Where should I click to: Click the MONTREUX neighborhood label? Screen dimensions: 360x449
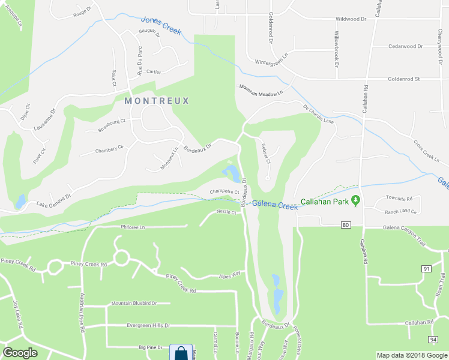pos(157,101)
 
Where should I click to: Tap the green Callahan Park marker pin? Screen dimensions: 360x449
pos(355,200)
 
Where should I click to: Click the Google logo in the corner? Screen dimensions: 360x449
pos(20,353)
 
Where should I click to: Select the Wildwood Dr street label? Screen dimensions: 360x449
pos(351,19)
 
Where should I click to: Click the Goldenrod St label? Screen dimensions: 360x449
pos(404,79)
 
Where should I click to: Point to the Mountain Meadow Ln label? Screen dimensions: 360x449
pos(261,87)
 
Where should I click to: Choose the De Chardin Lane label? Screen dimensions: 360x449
pos(318,115)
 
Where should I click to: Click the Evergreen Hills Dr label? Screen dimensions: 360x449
pos(148,326)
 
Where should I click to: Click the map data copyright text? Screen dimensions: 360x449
pos(412,355)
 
